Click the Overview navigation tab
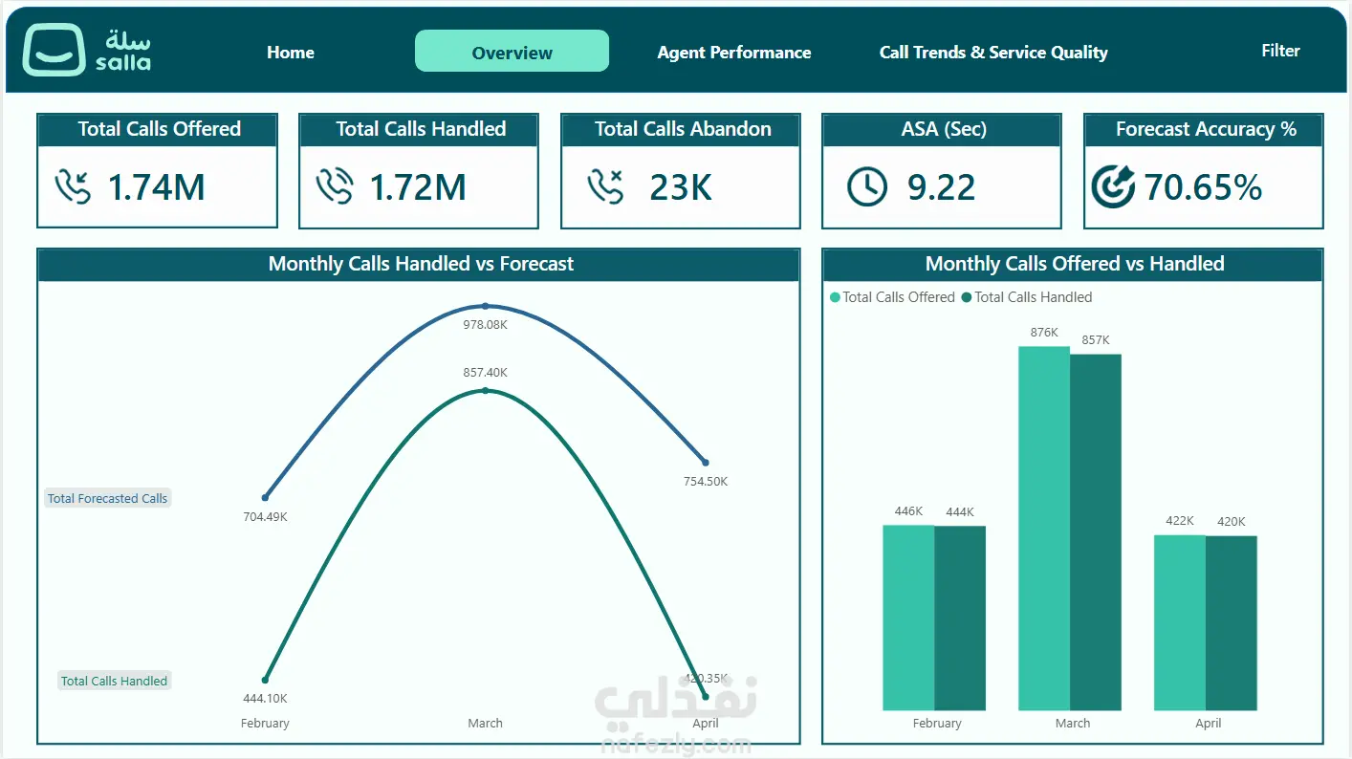click(512, 52)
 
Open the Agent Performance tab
click(734, 53)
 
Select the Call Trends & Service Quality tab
click(993, 53)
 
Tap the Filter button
click(1280, 51)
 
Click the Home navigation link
click(291, 53)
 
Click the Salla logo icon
click(54, 50)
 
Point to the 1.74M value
click(156, 187)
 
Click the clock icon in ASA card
click(866, 186)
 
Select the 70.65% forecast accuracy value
click(1202, 187)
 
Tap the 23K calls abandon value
click(681, 187)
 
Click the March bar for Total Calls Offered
click(1044, 528)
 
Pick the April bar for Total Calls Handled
click(1232, 622)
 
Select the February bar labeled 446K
click(908, 618)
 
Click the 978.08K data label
click(486, 325)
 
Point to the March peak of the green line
click(486, 391)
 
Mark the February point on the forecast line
click(265, 498)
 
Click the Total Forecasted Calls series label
click(107, 498)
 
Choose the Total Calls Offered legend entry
click(892, 297)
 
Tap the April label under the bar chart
click(1208, 723)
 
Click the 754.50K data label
click(706, 482)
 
